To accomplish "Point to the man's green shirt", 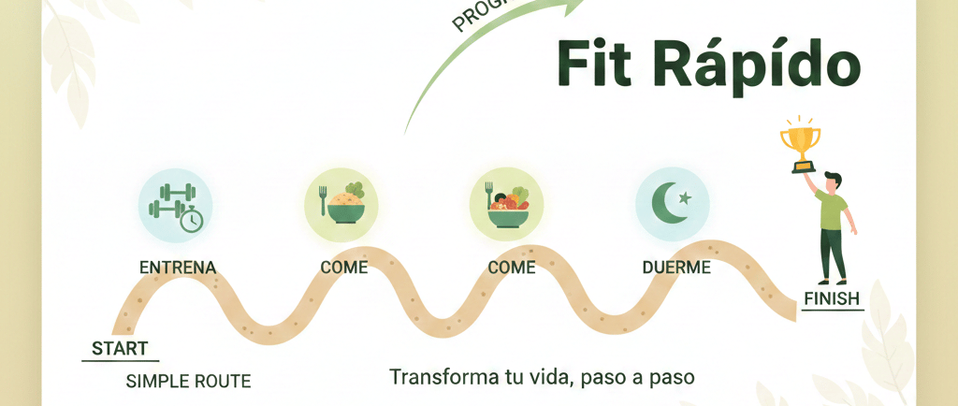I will click(831, 210).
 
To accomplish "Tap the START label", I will click(120, 349).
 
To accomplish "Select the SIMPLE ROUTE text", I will click(188, 381).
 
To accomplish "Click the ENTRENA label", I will click(178, 268).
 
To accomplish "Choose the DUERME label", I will click(676, 268).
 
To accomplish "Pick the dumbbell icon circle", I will click(176, 204).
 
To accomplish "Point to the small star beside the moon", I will click(686, 196).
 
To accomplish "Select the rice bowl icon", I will click(341, 204).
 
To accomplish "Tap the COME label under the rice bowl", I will click(344, 268).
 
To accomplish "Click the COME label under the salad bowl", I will click(512, 268).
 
